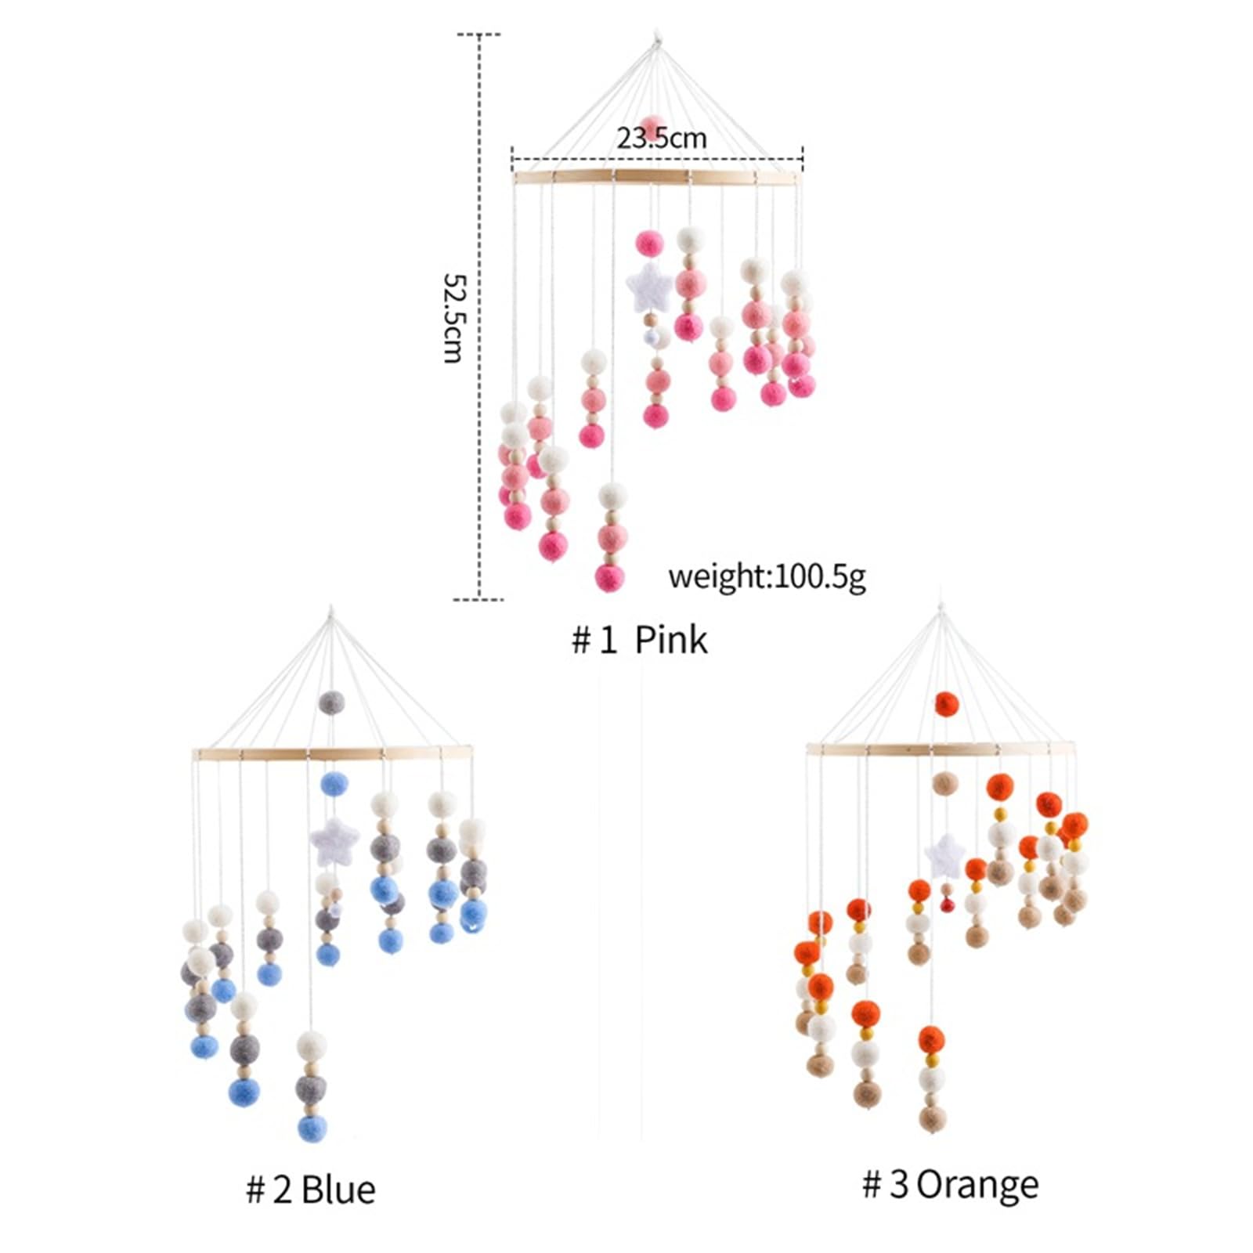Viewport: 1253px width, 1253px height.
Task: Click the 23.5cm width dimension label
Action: tap(661, 139)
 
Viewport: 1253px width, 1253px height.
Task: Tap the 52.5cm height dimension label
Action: tap(454, 317)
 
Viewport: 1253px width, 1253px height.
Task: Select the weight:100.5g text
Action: tap(767, 577)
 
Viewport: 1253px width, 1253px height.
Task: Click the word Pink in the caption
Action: tap(670, 640)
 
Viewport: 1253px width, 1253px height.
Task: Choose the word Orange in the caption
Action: tap(977, 1184)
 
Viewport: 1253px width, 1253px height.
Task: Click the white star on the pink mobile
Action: tap(648, 287)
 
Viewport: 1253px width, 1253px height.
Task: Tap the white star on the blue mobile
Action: tap(334, 840)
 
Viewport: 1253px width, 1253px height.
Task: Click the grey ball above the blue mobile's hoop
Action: tap(331, 702)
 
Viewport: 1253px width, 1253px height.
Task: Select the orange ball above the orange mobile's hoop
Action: tap(947, 703)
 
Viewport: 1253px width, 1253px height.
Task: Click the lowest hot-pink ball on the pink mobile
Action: tap(609, 577)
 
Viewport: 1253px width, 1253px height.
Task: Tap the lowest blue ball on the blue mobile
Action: tap(312, 1128)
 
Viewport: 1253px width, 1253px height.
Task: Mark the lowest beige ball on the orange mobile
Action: tap(932, 1118)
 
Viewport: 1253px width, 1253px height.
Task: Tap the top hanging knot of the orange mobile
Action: tap(941, 608)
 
